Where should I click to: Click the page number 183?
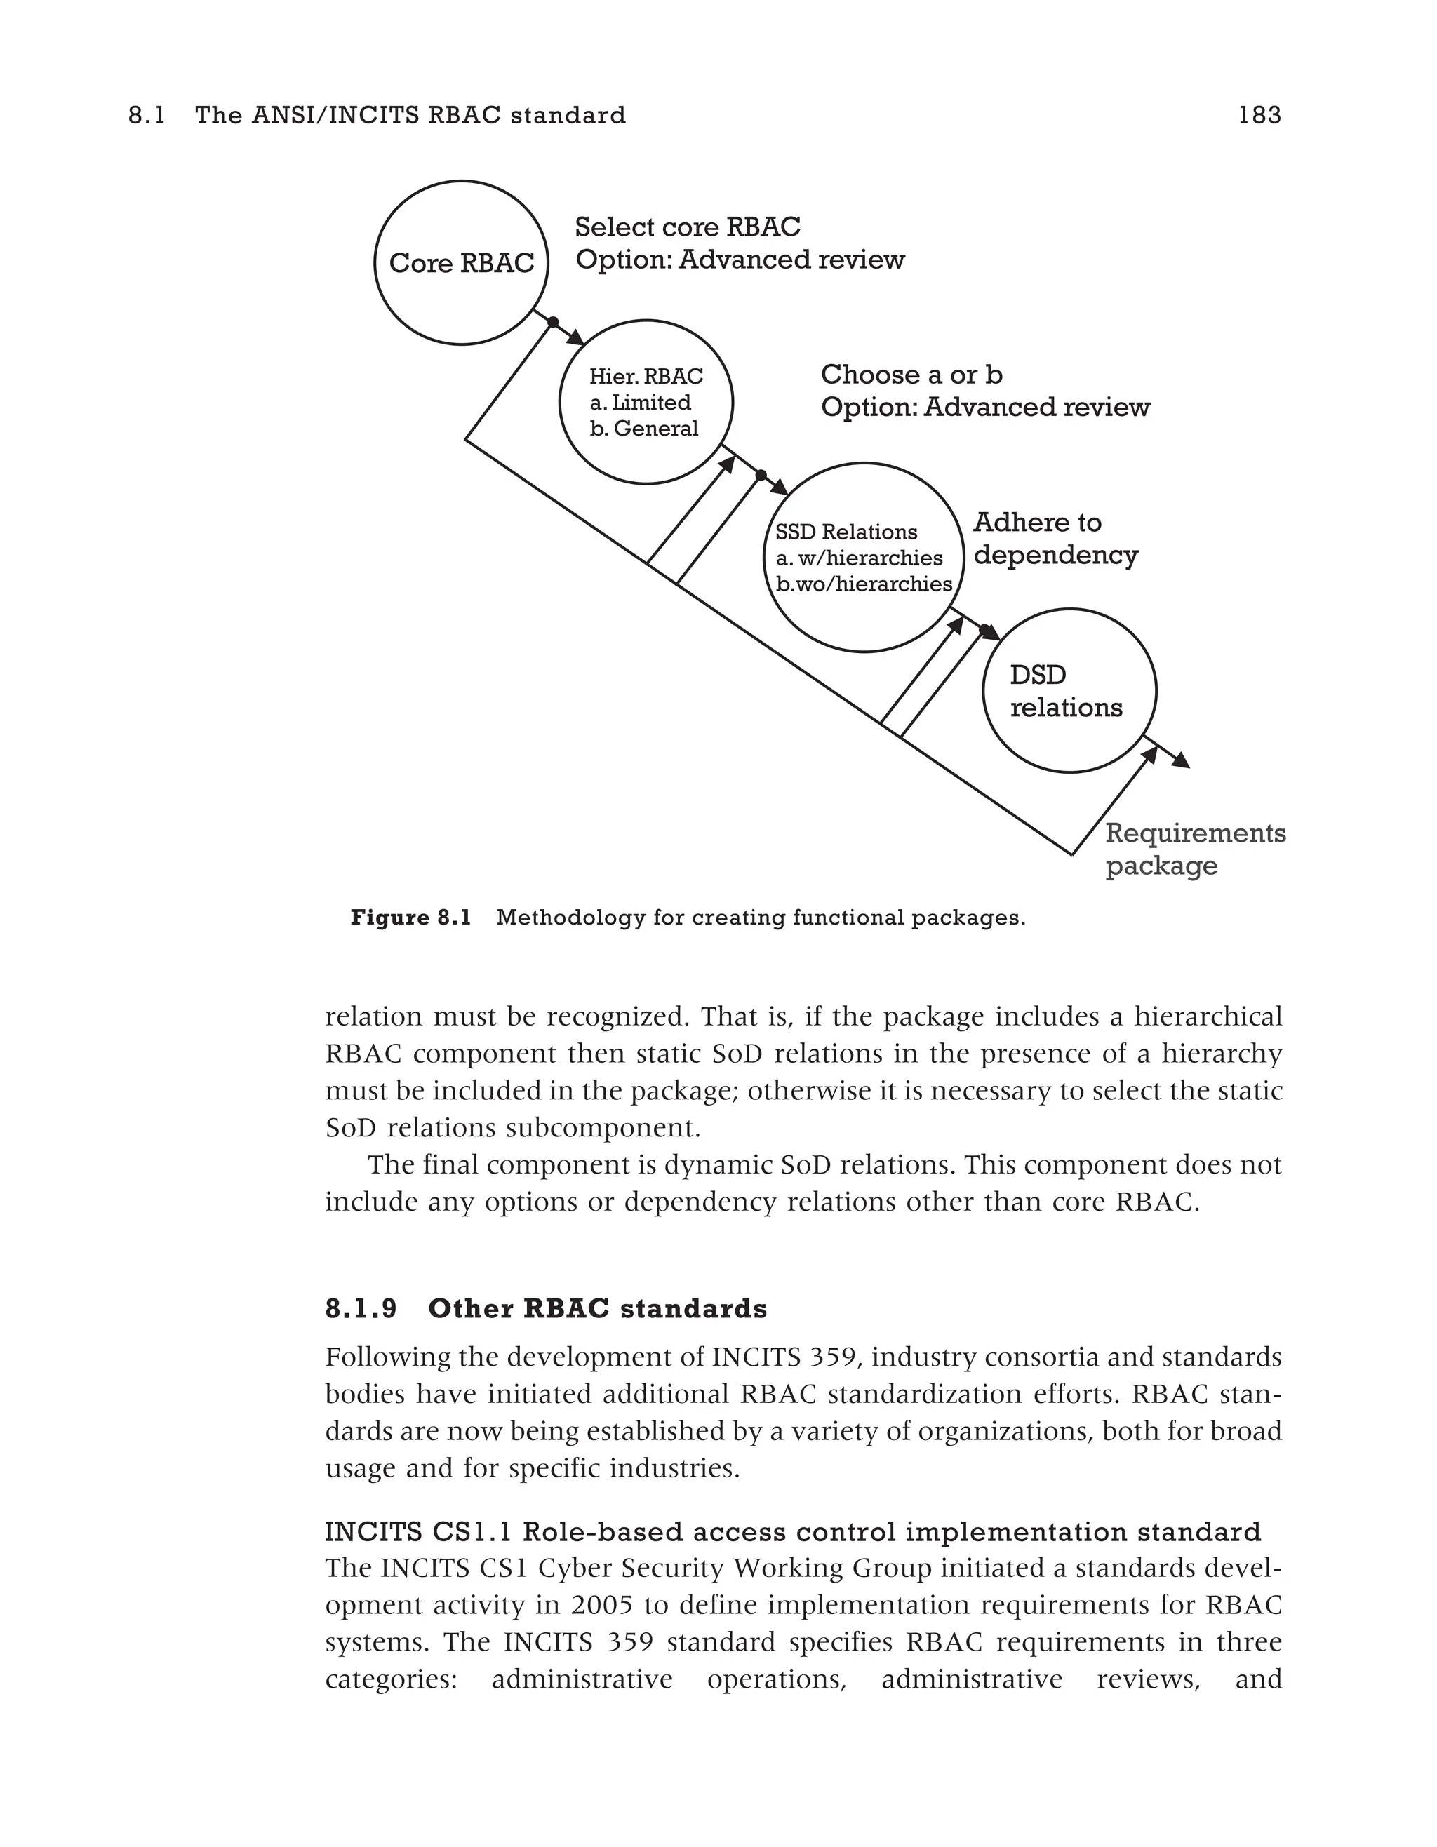point(1259,116)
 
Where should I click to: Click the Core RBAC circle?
point(461,263)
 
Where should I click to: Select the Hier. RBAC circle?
point(646,402)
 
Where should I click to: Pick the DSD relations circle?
point(1069,691)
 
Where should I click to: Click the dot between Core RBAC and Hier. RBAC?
point(553,322)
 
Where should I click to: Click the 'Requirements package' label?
point(1194,849)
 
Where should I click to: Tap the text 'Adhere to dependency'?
point(1055,539)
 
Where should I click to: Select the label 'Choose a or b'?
point(911,375)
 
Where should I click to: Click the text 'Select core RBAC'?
point(687,227)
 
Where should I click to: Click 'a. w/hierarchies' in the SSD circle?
point(858,558)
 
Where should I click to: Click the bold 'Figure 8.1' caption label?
point(410,918)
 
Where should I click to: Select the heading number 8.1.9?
point(361,1309)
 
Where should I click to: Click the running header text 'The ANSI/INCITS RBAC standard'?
point(410,116)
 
